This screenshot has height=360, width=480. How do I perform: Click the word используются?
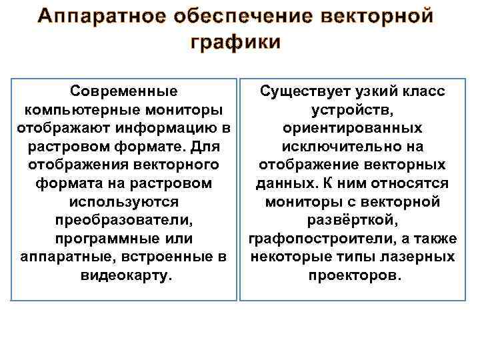pos(124,201)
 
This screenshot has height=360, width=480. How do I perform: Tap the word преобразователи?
pos(124,219)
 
